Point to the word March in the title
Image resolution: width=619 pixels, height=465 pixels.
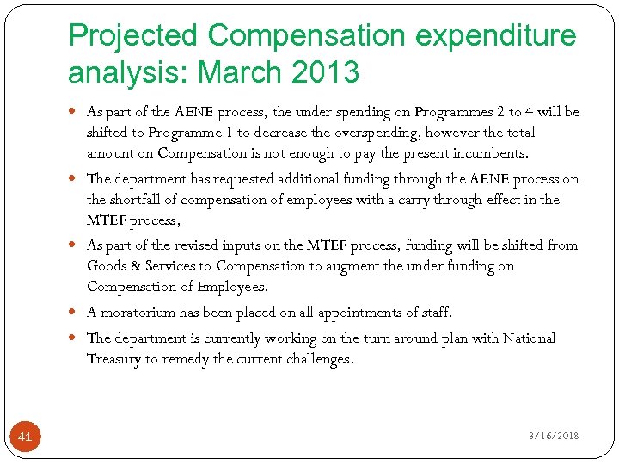(235, 72)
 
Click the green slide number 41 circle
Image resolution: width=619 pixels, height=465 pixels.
(25, 437)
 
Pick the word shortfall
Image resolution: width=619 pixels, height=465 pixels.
(137, 200)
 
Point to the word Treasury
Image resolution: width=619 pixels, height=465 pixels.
(113, 359)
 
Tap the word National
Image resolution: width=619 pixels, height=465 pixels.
(529, 338)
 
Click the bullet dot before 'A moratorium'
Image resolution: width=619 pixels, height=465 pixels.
(76, 313)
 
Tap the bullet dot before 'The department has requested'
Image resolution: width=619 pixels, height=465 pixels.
(76, 179)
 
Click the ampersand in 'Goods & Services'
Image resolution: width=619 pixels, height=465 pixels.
(136, 266)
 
